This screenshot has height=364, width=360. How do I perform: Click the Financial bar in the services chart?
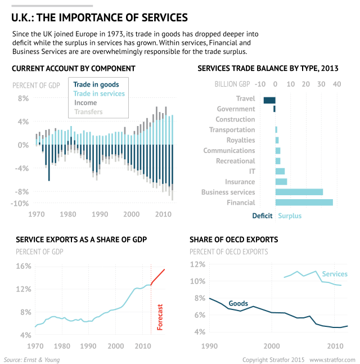point(304,202)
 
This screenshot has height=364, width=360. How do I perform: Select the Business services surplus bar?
point(299,192)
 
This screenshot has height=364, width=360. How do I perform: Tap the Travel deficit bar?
point(269,100)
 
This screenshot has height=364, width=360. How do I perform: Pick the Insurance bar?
point(281,182)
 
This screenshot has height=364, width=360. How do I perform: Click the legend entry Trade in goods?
point(96,85)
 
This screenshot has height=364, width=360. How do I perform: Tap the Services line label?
point(335,274)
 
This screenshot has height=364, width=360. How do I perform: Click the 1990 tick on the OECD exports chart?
point(209,345)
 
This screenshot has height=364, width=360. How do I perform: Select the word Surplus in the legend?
point(290,216)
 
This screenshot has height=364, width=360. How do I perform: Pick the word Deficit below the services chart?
point(262,216)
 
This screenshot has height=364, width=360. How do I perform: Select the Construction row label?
point(235,119)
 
